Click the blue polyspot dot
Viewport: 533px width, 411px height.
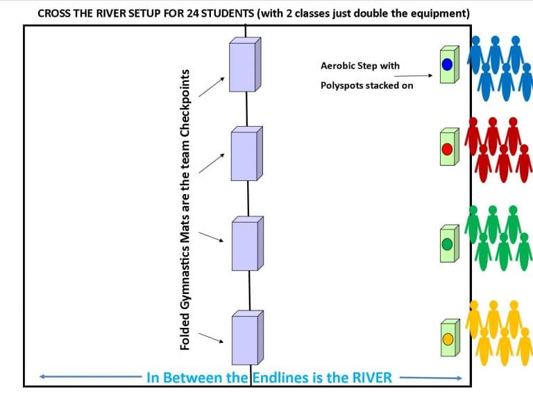coord(447,64)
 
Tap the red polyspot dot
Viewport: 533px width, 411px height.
coord(447,148)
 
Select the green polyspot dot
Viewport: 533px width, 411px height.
coord(447,244)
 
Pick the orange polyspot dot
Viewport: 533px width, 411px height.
coord(448,339)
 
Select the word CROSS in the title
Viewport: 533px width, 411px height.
coord(54,13)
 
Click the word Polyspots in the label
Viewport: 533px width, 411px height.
coord(344,86)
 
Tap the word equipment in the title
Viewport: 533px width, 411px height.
coord(439,13)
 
